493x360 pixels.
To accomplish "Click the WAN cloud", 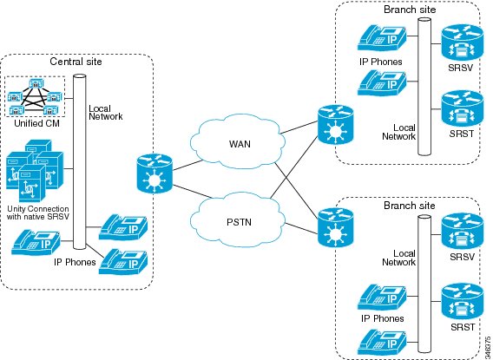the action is pos(240,143).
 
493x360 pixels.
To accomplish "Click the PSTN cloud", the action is pos(240,222).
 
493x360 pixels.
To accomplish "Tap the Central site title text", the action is pos(76,61).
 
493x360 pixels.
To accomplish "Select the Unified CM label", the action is pos(36,123).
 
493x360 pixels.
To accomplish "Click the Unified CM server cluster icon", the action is pos(35,97).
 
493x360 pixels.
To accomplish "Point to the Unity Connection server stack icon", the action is pos(34,170).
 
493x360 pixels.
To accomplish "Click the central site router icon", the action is pos(154,173).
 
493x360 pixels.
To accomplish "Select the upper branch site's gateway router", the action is pos(336,125).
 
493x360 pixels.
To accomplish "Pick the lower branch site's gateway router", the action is pos(336,226).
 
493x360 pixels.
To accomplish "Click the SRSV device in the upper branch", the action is pos(462,43).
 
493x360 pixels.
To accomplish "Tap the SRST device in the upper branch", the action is pos(462,108).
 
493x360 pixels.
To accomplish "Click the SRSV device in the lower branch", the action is pos(462,231).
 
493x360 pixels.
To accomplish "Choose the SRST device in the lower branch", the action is pos(462,301).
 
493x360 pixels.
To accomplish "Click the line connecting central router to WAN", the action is pos(188,165).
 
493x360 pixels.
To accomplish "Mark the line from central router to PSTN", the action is pos(194,192).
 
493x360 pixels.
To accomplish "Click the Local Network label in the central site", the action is pos(106,113).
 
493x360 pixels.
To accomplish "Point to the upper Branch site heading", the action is pos(410,10).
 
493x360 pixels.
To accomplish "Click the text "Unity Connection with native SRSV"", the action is pos(37,213).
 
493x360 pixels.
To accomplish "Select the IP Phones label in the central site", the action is pos(75,262).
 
